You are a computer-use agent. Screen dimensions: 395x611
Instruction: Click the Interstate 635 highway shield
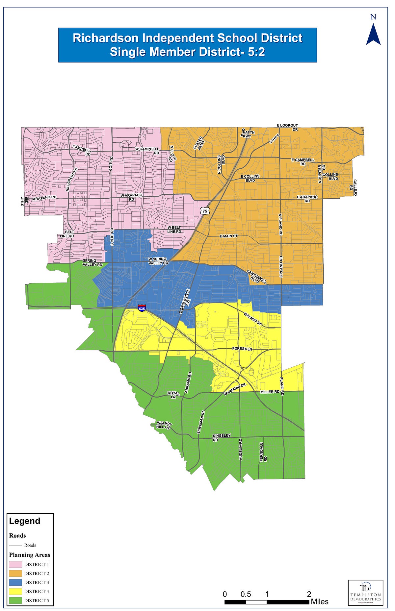[142, 308]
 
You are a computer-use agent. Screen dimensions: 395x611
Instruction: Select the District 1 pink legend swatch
[15, 564]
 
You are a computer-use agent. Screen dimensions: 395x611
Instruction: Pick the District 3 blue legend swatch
[15, 582]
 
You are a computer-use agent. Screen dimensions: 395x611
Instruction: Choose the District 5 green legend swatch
[15, 600]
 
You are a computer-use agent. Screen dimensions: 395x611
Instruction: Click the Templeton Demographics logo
[366, 593]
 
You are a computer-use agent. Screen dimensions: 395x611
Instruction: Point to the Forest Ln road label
[242, 349]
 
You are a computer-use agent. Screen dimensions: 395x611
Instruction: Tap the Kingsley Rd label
[222, 437]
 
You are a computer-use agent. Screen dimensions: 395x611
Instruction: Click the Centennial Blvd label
[257, 277]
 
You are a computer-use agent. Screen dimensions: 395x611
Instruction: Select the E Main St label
[228, 236]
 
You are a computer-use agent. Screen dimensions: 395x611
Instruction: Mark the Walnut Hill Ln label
[163, 425]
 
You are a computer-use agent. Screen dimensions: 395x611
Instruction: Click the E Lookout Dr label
[287, 127]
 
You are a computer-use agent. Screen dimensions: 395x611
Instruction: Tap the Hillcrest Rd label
[72, 180]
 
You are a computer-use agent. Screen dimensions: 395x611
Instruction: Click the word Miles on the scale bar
[319, 602]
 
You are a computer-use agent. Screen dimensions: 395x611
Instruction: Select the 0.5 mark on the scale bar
[246, 594]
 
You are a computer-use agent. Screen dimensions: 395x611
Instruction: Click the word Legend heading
[25, 521]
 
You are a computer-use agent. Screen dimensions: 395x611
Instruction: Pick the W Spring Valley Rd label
[158, 261]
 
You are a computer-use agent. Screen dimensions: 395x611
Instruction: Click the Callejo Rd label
[353, 187]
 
